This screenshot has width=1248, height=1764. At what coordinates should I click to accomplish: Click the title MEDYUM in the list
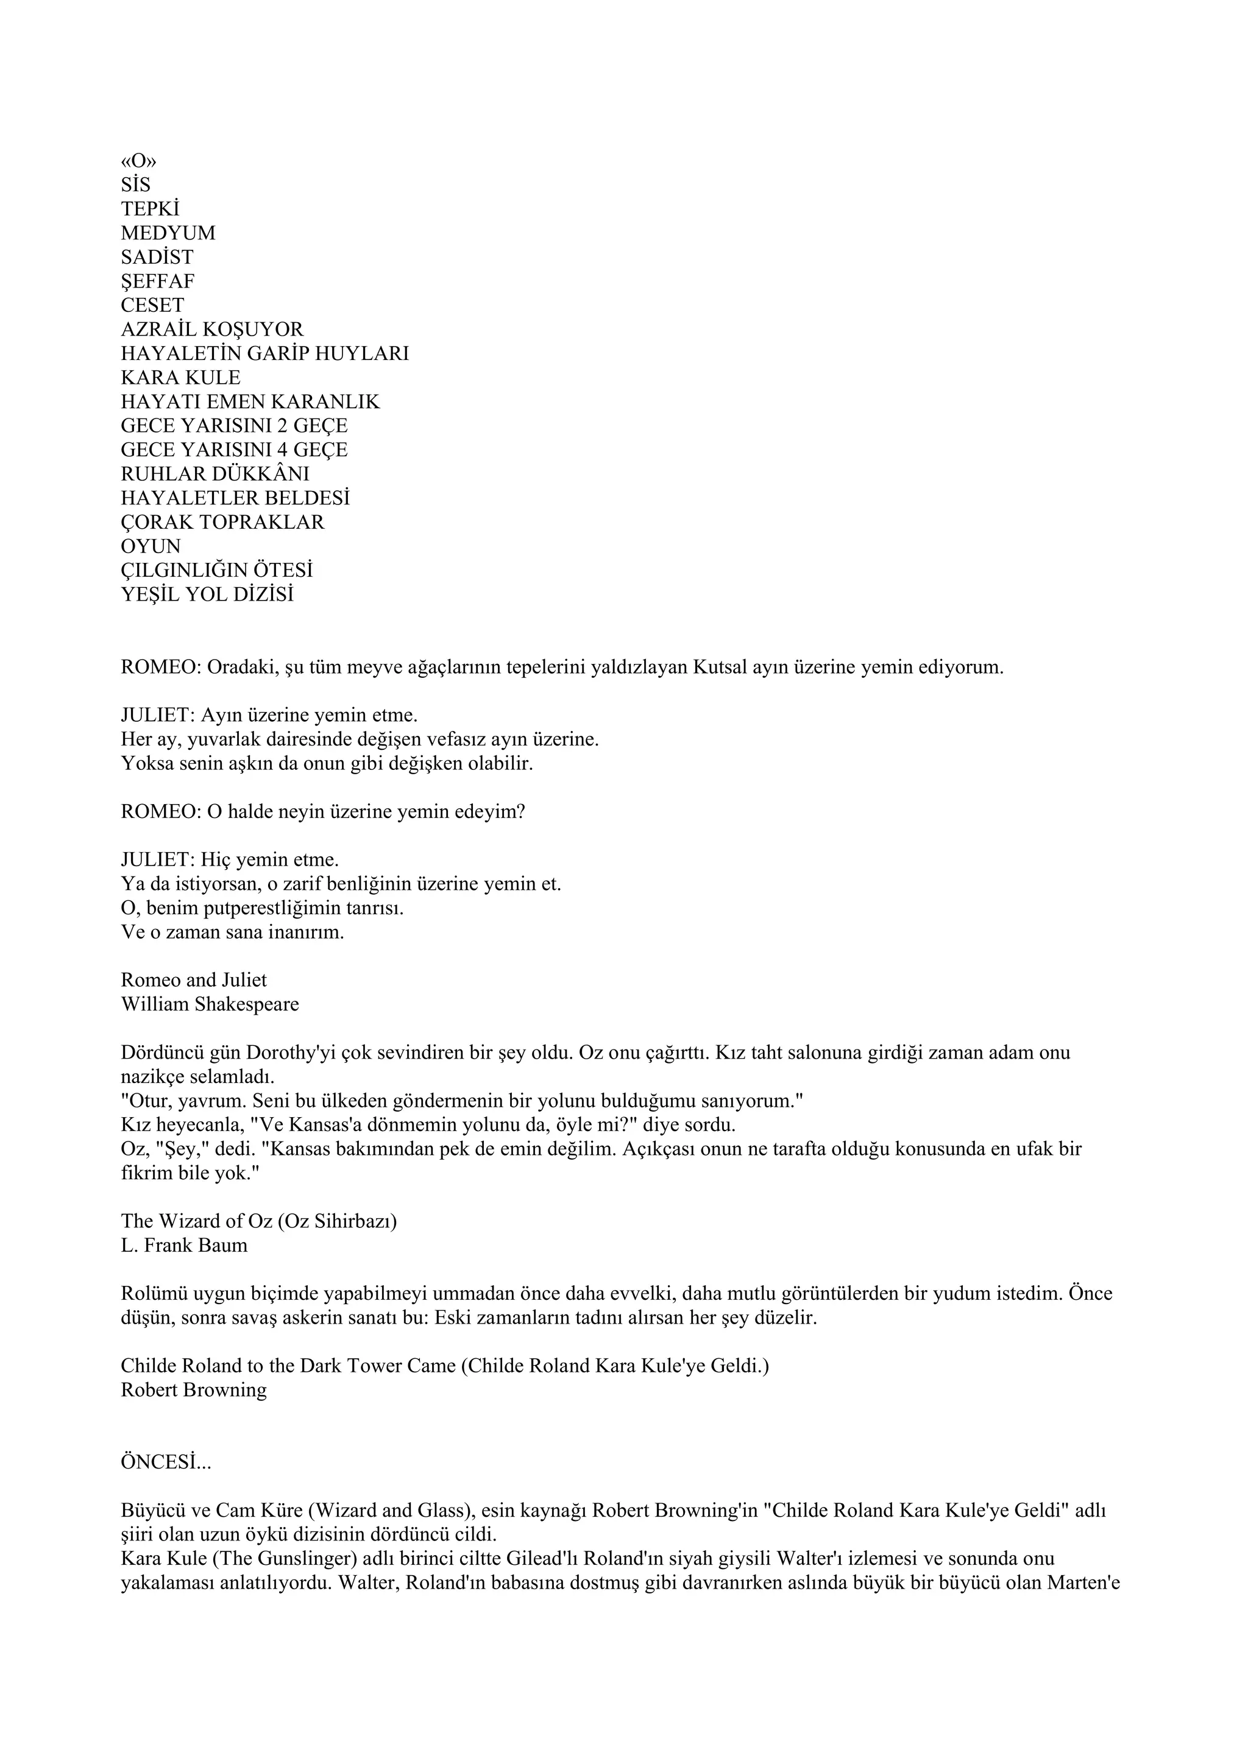168,233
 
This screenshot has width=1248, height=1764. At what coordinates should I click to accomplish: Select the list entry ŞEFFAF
158,281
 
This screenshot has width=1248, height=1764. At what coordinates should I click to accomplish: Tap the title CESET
152,305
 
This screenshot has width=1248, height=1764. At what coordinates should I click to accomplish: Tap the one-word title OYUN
151,546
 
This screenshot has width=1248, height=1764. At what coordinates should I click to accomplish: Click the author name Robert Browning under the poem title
194,1390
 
